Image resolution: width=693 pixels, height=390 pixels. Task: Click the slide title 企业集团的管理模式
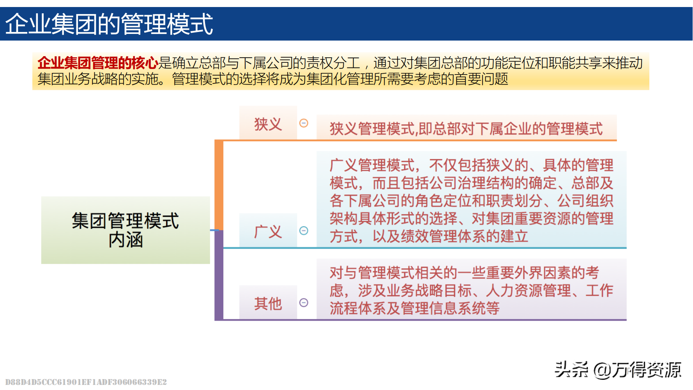pos(109,24)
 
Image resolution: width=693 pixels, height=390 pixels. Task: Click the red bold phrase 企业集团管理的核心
pos(98,63)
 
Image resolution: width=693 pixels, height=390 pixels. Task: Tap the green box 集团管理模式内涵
pos(126,230)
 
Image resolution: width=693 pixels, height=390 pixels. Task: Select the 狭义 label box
pos(268,123)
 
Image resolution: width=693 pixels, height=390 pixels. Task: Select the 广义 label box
pos(268,230)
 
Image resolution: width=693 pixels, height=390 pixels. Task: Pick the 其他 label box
pos(268,303)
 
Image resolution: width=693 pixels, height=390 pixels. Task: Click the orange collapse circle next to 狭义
pos(304,123)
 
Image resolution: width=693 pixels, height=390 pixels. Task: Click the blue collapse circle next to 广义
pos(304,230)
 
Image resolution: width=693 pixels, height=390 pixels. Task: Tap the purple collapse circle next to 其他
pos(304,303)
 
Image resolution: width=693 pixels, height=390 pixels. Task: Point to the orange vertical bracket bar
pos(219,185)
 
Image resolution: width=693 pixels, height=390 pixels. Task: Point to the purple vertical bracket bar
pos(219,275)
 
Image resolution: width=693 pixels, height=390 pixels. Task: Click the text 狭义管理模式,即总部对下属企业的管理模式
pos(466,129)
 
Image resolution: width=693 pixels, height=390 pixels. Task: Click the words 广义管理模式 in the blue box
pos(372,165)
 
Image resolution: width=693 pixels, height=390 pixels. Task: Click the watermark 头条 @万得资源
pos(618,370)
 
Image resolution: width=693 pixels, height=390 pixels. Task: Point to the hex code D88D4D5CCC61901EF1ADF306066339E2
pos(86,382)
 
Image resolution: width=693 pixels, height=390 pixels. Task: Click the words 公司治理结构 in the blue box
pos(444,183)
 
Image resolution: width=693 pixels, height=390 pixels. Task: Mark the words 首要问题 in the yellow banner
pos(481,79)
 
